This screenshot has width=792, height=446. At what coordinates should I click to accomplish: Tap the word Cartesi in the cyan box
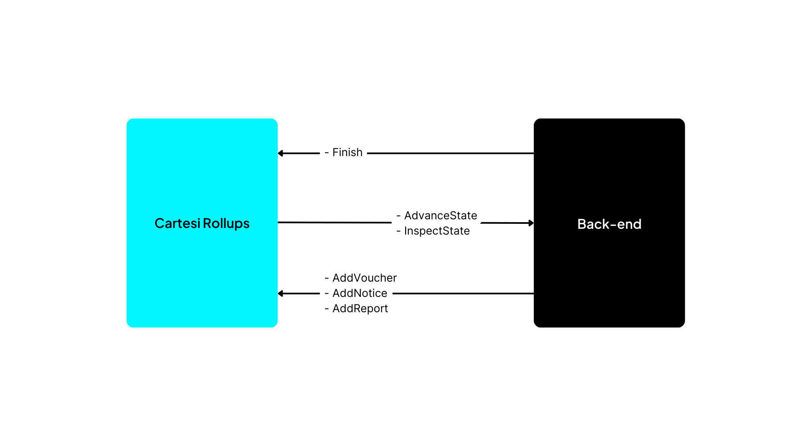pyautogui.click(x=177, y=223)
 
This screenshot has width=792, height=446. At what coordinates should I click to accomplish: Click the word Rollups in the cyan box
pyautogui.click(x=226, y=223)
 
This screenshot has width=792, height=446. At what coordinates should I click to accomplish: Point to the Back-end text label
pyautogui.click(x=609, y=224)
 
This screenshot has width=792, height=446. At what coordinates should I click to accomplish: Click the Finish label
pyautogui.click(x=347, y=152)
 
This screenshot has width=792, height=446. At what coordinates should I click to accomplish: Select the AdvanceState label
pyautogui.click(x=441, y=216)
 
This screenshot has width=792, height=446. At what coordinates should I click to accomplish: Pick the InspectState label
pyautogui.click(x=437, y=231)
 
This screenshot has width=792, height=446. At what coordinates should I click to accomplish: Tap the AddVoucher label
pyautogui.click(x=365, y=278)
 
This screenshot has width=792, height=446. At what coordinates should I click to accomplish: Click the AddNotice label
pyautogui.click(x=360, y=293)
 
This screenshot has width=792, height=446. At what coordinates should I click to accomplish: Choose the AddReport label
pyautogui.click(x=360, y=308)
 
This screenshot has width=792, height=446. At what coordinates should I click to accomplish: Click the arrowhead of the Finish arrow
pyautogui.click(x=280, y=153)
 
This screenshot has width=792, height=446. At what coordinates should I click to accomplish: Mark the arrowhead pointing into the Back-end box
pyautogui.click(x=531, y=223)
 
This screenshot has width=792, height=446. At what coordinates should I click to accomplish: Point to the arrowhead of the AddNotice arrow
pyautogui.click(x=280, y=294)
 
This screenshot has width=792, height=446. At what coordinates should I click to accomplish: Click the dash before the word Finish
pyautogui.click(x=327, y=153)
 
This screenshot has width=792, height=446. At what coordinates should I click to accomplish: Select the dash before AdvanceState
pyautogui.click(x=398, y=216)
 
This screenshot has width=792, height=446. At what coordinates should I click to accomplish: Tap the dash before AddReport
pyautogui.click(x=327, y=309)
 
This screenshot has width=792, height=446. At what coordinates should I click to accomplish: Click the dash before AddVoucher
pyautogui.click(x=327, y=278)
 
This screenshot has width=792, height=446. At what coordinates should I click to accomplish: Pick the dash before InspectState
pyautogui.click(x=398, y=231)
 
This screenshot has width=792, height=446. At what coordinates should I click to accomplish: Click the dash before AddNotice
pyautogui.click(x=327, y=294)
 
